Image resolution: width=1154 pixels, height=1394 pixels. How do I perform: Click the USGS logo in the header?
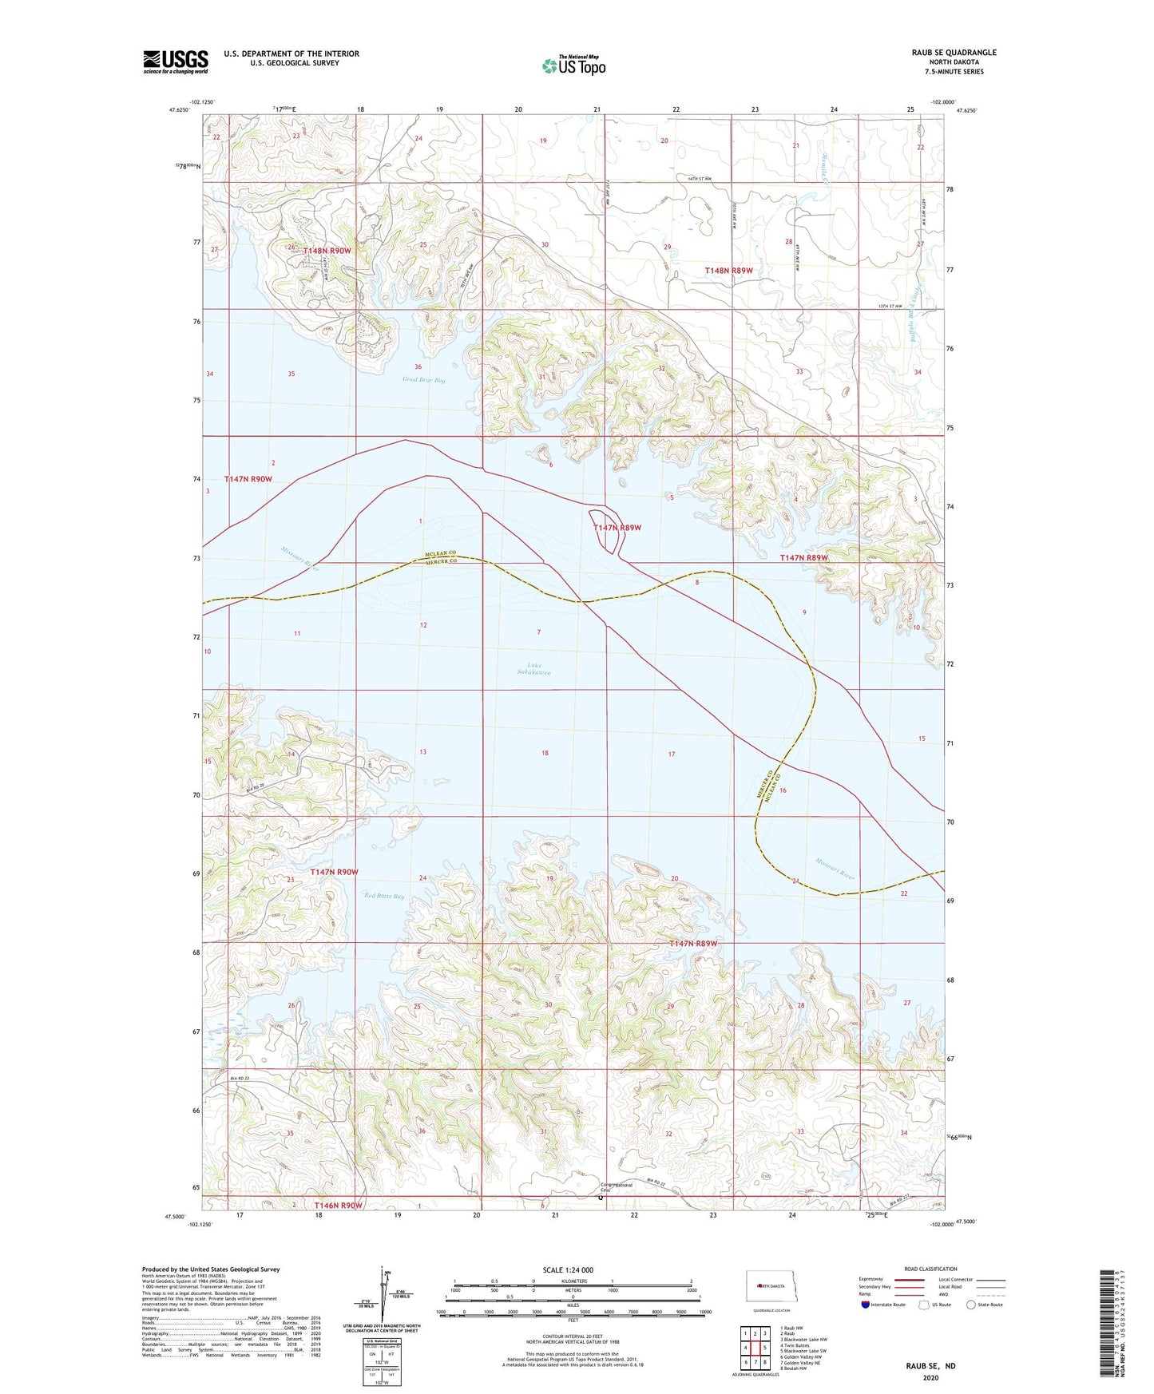[x=175, y=61]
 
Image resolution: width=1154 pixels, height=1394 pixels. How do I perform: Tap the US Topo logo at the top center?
[x=573, y=65]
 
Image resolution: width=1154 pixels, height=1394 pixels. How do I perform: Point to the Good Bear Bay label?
[x=424, y=380]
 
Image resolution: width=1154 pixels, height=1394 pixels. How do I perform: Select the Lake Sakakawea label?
[x=533, y=668]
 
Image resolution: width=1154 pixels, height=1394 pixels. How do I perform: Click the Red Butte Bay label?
[x=383, y=896]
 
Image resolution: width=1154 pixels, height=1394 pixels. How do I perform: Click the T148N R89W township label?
[x=728, y=271]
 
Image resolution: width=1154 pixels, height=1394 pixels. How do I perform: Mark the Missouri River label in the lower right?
[x=835, y=869]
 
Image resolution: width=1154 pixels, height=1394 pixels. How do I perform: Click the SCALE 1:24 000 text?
[x=568, y=1269]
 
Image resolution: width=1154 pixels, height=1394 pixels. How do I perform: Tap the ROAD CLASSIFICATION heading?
[x=930, y=1269]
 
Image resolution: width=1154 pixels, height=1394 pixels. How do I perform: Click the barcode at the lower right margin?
[x=1105, y=1325]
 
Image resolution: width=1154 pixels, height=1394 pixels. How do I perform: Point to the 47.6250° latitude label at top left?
[x=180, y=110]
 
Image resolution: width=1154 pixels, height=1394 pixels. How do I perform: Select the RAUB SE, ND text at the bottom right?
[x=930, y=1366]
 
